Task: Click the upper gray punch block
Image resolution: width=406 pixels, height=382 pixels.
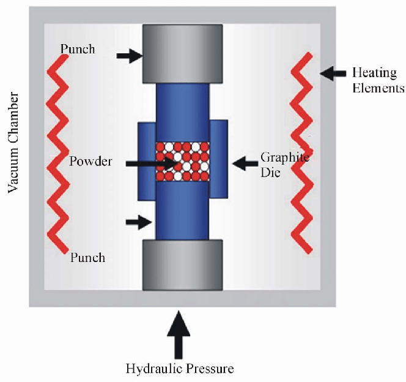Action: tap(182, 54)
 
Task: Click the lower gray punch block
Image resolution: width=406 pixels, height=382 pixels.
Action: tap(182, 264)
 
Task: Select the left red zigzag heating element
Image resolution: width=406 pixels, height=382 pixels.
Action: tap(58, 153)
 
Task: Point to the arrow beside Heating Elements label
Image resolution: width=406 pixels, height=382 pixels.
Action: tap(333, 73)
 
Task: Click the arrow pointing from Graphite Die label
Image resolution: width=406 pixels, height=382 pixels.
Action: tap(245, 163)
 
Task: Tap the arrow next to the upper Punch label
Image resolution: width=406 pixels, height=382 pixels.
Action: tap(129, 56)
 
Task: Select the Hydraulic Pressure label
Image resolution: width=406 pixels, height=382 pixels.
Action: tap(180, 369)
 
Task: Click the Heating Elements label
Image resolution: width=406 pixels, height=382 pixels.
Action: tap(377, 80)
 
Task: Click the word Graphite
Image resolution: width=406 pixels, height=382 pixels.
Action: tap(284, 157)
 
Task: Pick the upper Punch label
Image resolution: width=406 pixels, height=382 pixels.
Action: tap(78, 48)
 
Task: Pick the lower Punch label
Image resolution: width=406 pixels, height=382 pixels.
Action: tap(87, 257)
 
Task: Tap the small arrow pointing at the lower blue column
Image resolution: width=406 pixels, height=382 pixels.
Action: tap(138, 222)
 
